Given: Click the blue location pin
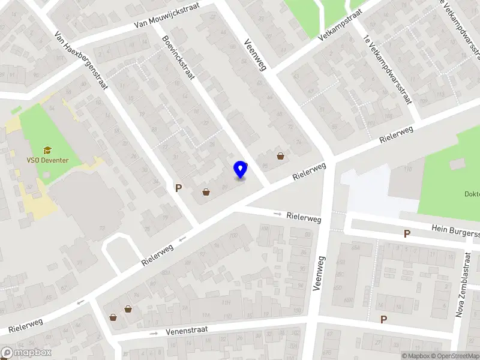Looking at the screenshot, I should (241, 170).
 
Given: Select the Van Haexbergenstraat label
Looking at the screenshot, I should (80, 61).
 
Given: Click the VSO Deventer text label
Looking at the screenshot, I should (47, 160).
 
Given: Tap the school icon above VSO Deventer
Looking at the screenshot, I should (47, 150).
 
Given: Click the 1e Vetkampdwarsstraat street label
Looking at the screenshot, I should (388, 69).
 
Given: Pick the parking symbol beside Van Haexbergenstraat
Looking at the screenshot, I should (178, 188).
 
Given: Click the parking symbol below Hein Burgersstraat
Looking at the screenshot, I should (407, 233).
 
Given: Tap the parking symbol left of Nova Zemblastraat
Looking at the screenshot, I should (383, 319).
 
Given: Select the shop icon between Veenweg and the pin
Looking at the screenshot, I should (280, 157).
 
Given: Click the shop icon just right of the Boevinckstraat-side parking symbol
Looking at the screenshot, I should (206, 193).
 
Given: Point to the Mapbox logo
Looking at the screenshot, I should (26, 353).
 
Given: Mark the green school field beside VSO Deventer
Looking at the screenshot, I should (42, 135).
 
